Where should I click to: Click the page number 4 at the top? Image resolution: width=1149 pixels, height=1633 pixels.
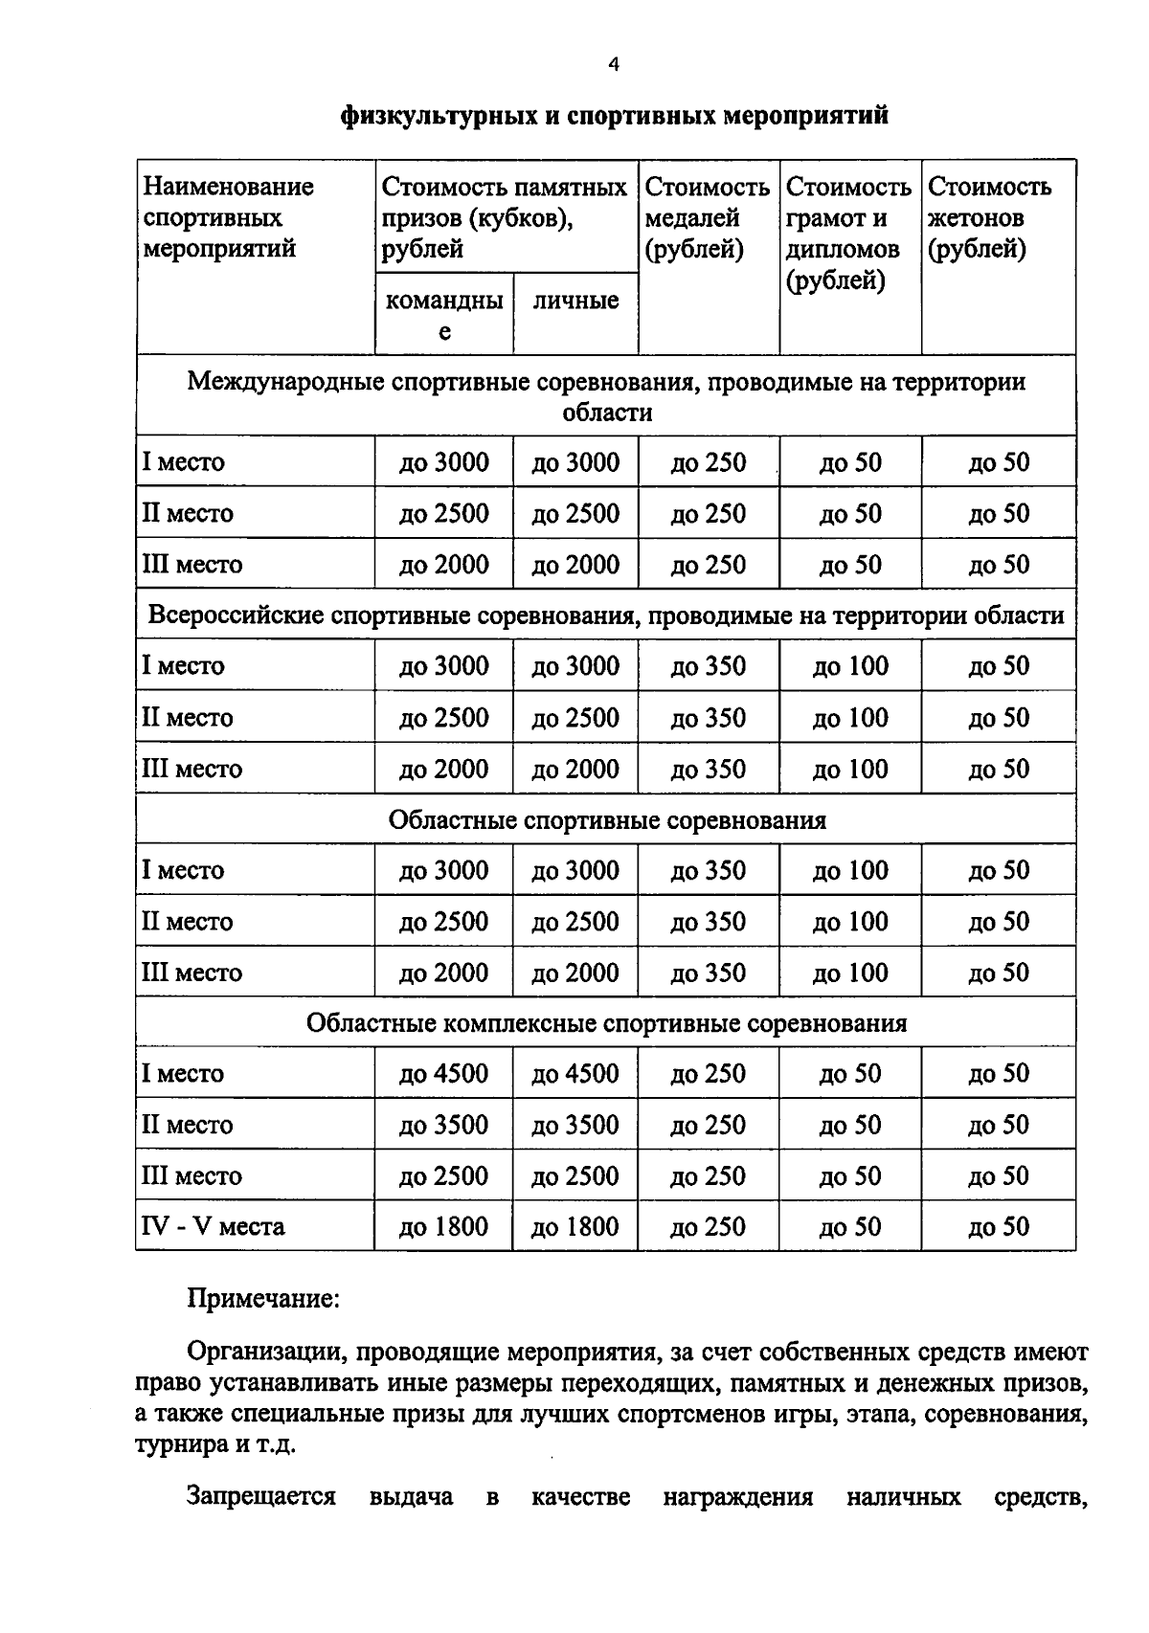point(614,65)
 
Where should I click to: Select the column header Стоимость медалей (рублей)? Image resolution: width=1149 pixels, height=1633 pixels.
point(707,218)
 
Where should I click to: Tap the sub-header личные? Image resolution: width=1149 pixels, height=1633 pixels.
point(575,301)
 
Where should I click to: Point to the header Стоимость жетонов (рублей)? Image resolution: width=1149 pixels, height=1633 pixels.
point(989,218)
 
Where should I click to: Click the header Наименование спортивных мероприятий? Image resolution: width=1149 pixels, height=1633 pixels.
point(228,218)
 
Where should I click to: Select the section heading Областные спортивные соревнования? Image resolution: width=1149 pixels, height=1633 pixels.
point(607,820)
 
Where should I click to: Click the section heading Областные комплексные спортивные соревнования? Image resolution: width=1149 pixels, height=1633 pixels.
point(607,1023)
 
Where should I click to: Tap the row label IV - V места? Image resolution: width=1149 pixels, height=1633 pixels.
point(213,1226)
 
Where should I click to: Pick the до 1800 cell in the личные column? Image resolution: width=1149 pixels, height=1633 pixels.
point(575,1226)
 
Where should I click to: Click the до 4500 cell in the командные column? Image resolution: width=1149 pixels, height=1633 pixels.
point(443,1073)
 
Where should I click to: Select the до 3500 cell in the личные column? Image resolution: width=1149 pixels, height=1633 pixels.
point(575,1125)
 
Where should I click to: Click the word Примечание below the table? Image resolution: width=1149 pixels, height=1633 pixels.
point(263,1299)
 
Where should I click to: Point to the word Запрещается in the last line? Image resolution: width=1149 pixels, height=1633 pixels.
point(261,1497)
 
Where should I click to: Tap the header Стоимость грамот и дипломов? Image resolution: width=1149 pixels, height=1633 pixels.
point(848,234)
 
